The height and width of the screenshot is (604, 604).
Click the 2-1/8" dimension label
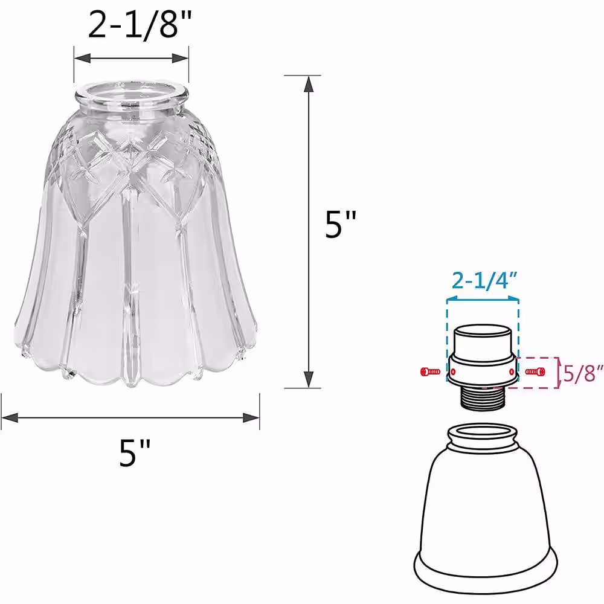click(x=140, y=25)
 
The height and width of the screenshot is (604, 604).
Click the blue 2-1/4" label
click(x=484, y=281)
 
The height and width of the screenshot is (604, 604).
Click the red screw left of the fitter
click(x=430, y=371)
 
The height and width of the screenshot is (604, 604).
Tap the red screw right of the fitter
click(x=535, y=371)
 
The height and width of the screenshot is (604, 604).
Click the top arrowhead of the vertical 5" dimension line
click(x=308, y=84)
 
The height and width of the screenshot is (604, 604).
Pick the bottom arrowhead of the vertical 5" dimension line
click(x=308, y=379)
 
